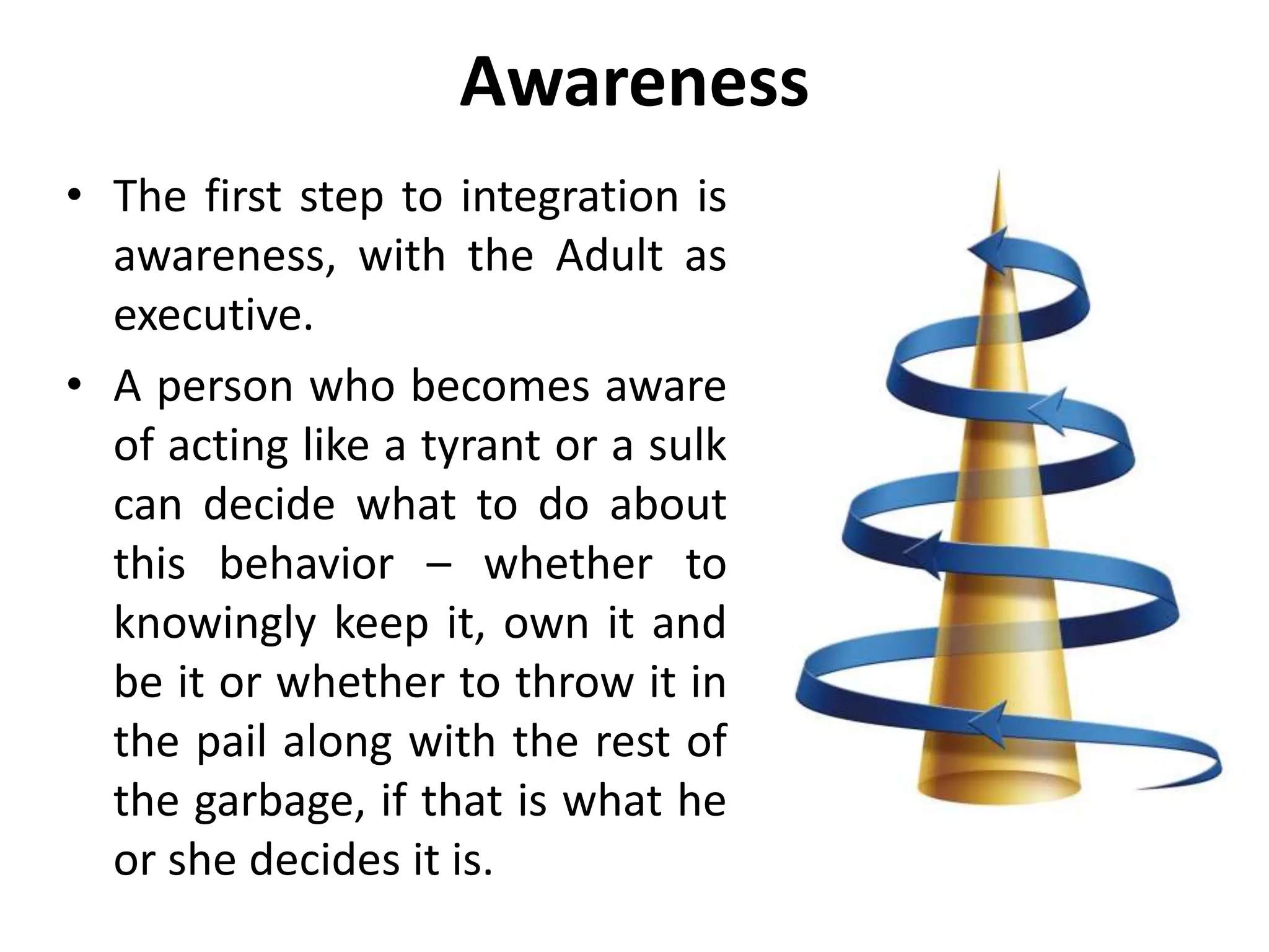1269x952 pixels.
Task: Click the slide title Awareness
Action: pyautogui.click(x=634, y=82)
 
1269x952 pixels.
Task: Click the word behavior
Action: pyautogui.click(x=307, y=564)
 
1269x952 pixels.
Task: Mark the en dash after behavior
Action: pyautogui.click(x=439, y=565)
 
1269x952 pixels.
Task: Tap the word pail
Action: pyautogui.click(x=232, y=742)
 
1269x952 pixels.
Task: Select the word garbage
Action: pyautogui.click(x=278, y=801)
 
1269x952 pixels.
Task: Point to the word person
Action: pyautogui.click(x=225, y=387)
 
